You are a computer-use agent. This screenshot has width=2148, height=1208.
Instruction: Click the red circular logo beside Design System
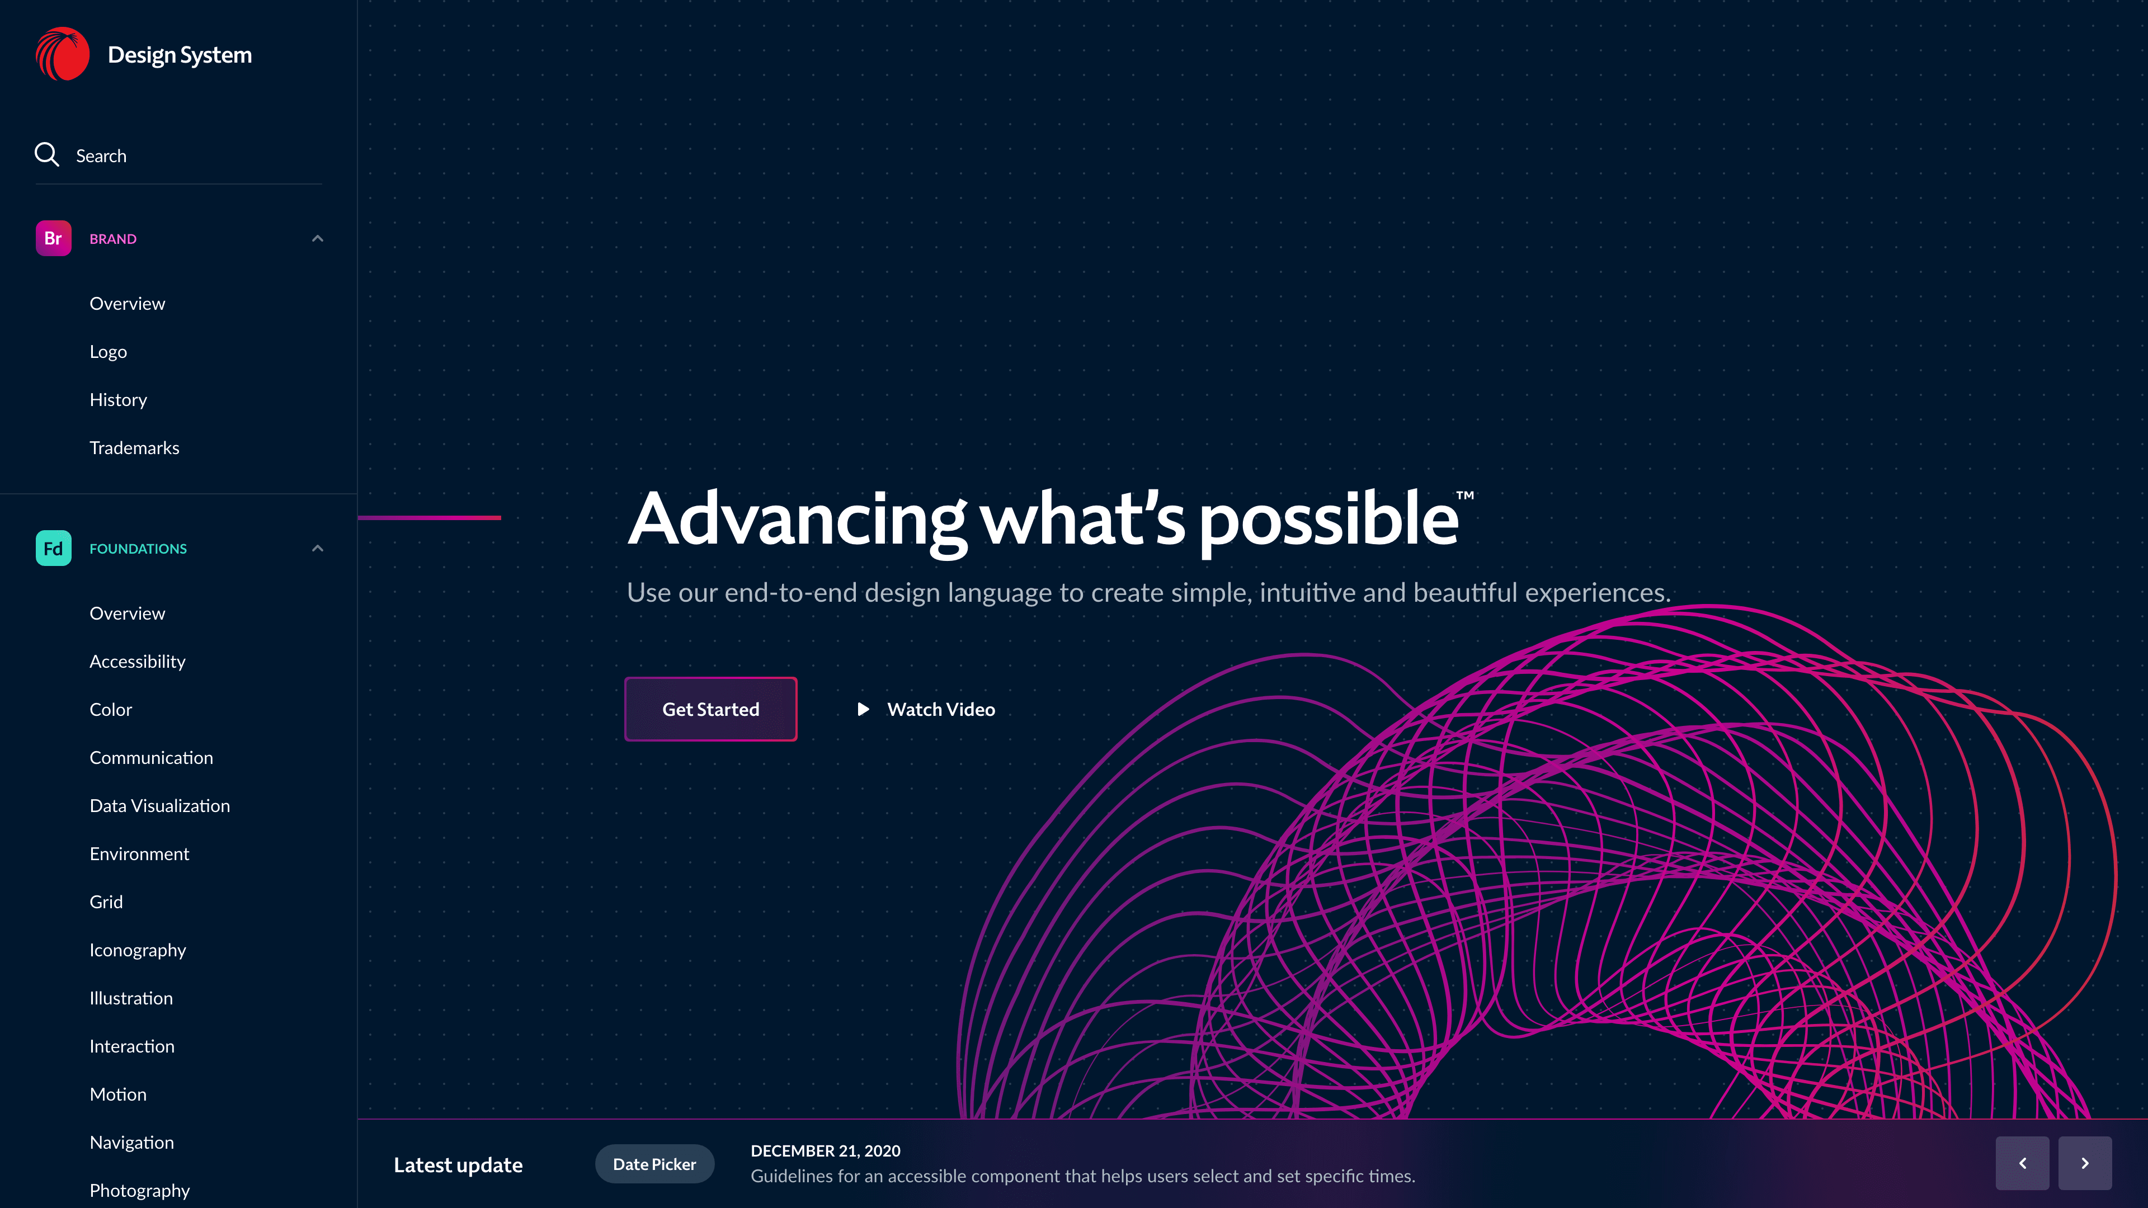pyautogui.click(x=63, y=54)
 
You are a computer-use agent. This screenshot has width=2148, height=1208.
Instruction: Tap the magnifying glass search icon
pyautogui.click(x=46, y=154)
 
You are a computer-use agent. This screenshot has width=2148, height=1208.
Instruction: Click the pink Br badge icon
pyautogui.click(x=53, y=238)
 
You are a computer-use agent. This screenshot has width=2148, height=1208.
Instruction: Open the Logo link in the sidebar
pyautogui.click(x=109, y=352)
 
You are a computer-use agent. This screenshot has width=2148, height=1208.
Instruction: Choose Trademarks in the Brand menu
pyautogui.click(x=134, y=447)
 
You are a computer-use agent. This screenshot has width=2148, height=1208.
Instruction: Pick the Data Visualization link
pyautogui.click(x=160, y=806)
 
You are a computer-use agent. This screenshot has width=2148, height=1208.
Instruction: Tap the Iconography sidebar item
pyautogui.click(x=138, y=950)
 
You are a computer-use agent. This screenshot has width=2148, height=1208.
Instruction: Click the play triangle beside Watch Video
pyautogui.click(x=864, y=710)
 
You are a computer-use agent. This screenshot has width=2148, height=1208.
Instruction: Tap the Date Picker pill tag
pyautogui.click(x=654, y=1164)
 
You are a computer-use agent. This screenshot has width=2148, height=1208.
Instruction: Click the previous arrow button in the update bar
pyautogui.click(x=2022, y=1164)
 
